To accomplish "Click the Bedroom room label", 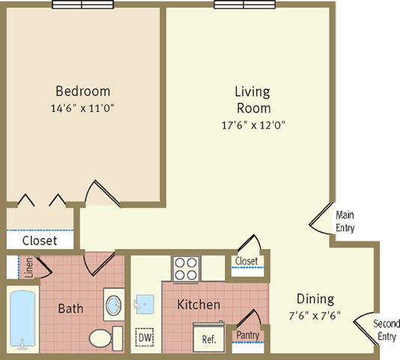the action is pos(83,91).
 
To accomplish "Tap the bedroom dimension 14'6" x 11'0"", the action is pos(82,108).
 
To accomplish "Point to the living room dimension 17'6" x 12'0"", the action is pos(253,125).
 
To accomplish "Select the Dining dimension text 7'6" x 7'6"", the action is pos(315,316).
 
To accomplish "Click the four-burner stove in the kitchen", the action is pos(186,269).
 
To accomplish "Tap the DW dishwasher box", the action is pos(145,337).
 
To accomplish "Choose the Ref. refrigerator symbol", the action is pos(209,337).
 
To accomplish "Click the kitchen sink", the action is pos(145,304).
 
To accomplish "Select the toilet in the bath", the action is pos(106,338).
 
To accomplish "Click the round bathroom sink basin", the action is pos(114,305).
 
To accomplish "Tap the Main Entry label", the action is pos(345,221).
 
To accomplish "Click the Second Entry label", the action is pos(387,330).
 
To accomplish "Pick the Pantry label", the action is pos(248,335).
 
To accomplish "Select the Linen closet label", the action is pos(28,268).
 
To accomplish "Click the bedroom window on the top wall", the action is pos(82,4).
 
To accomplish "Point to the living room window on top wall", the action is pos(245,4).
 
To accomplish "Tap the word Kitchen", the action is pos(199,304).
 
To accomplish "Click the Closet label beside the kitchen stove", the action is pos(246,261).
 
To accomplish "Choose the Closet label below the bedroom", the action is pos(40,241).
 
